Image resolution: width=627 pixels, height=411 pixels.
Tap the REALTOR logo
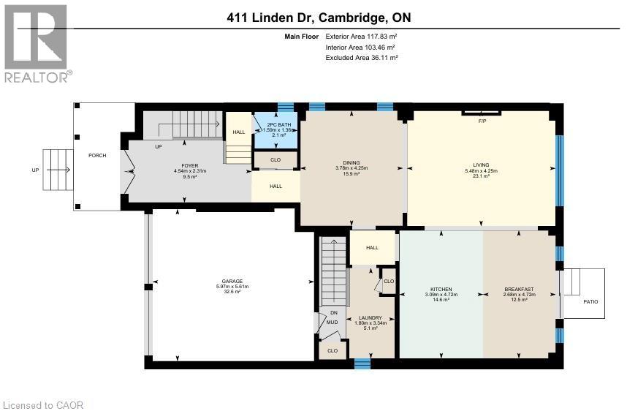pos(38,43)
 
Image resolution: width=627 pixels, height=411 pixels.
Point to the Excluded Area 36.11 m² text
pos(361,58)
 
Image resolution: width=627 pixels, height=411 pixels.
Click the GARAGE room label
pos(232,281)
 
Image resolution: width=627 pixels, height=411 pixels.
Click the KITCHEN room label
pos(441,289)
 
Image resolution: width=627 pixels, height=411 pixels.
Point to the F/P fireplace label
pos(482,121)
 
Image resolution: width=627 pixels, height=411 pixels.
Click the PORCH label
pos(97,155)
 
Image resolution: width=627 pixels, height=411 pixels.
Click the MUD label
pos(332,321)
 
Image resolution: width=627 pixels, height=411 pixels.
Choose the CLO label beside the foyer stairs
pos(275,159)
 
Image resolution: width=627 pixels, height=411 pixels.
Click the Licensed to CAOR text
pos(35,404)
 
